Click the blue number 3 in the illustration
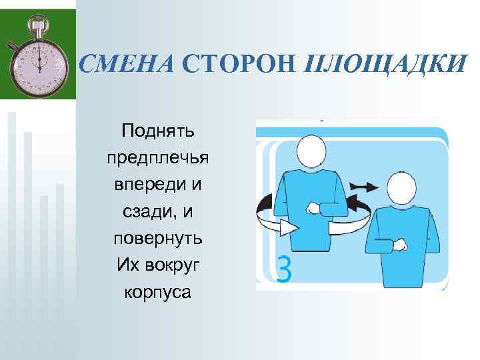(284, 270)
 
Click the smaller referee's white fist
(400, 245)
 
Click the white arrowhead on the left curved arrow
(288, 228)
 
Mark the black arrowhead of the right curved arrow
(349, 201)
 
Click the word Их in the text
(127, 265)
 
